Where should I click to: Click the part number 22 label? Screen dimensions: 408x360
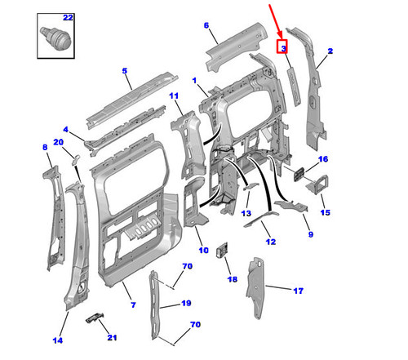(68, 18)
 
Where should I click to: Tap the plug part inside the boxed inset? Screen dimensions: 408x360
(55, 38)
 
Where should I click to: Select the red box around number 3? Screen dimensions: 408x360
(282, 47)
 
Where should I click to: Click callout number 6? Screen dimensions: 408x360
(206, 25)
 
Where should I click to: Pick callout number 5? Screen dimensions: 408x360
(125, 71)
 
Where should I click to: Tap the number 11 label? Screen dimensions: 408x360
(174, 96)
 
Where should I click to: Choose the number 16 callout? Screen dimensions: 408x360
(323, 159)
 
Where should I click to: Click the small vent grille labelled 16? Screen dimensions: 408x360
(299, 174)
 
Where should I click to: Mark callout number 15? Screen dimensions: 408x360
(326, 212)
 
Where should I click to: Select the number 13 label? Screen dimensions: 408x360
(246, 213)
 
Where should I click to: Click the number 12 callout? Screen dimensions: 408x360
(271, 242)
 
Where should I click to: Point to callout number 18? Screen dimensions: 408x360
(233, 279)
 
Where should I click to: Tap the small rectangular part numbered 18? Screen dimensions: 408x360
(222, 250)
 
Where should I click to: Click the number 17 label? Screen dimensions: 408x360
(299, 291)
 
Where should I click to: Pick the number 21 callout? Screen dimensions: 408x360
(112, 338)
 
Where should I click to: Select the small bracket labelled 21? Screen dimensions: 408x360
(95, 318)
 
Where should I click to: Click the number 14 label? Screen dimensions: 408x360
(57, 340)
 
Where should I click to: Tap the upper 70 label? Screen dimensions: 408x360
(188, 266)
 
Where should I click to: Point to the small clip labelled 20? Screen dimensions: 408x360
(75, 159)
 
